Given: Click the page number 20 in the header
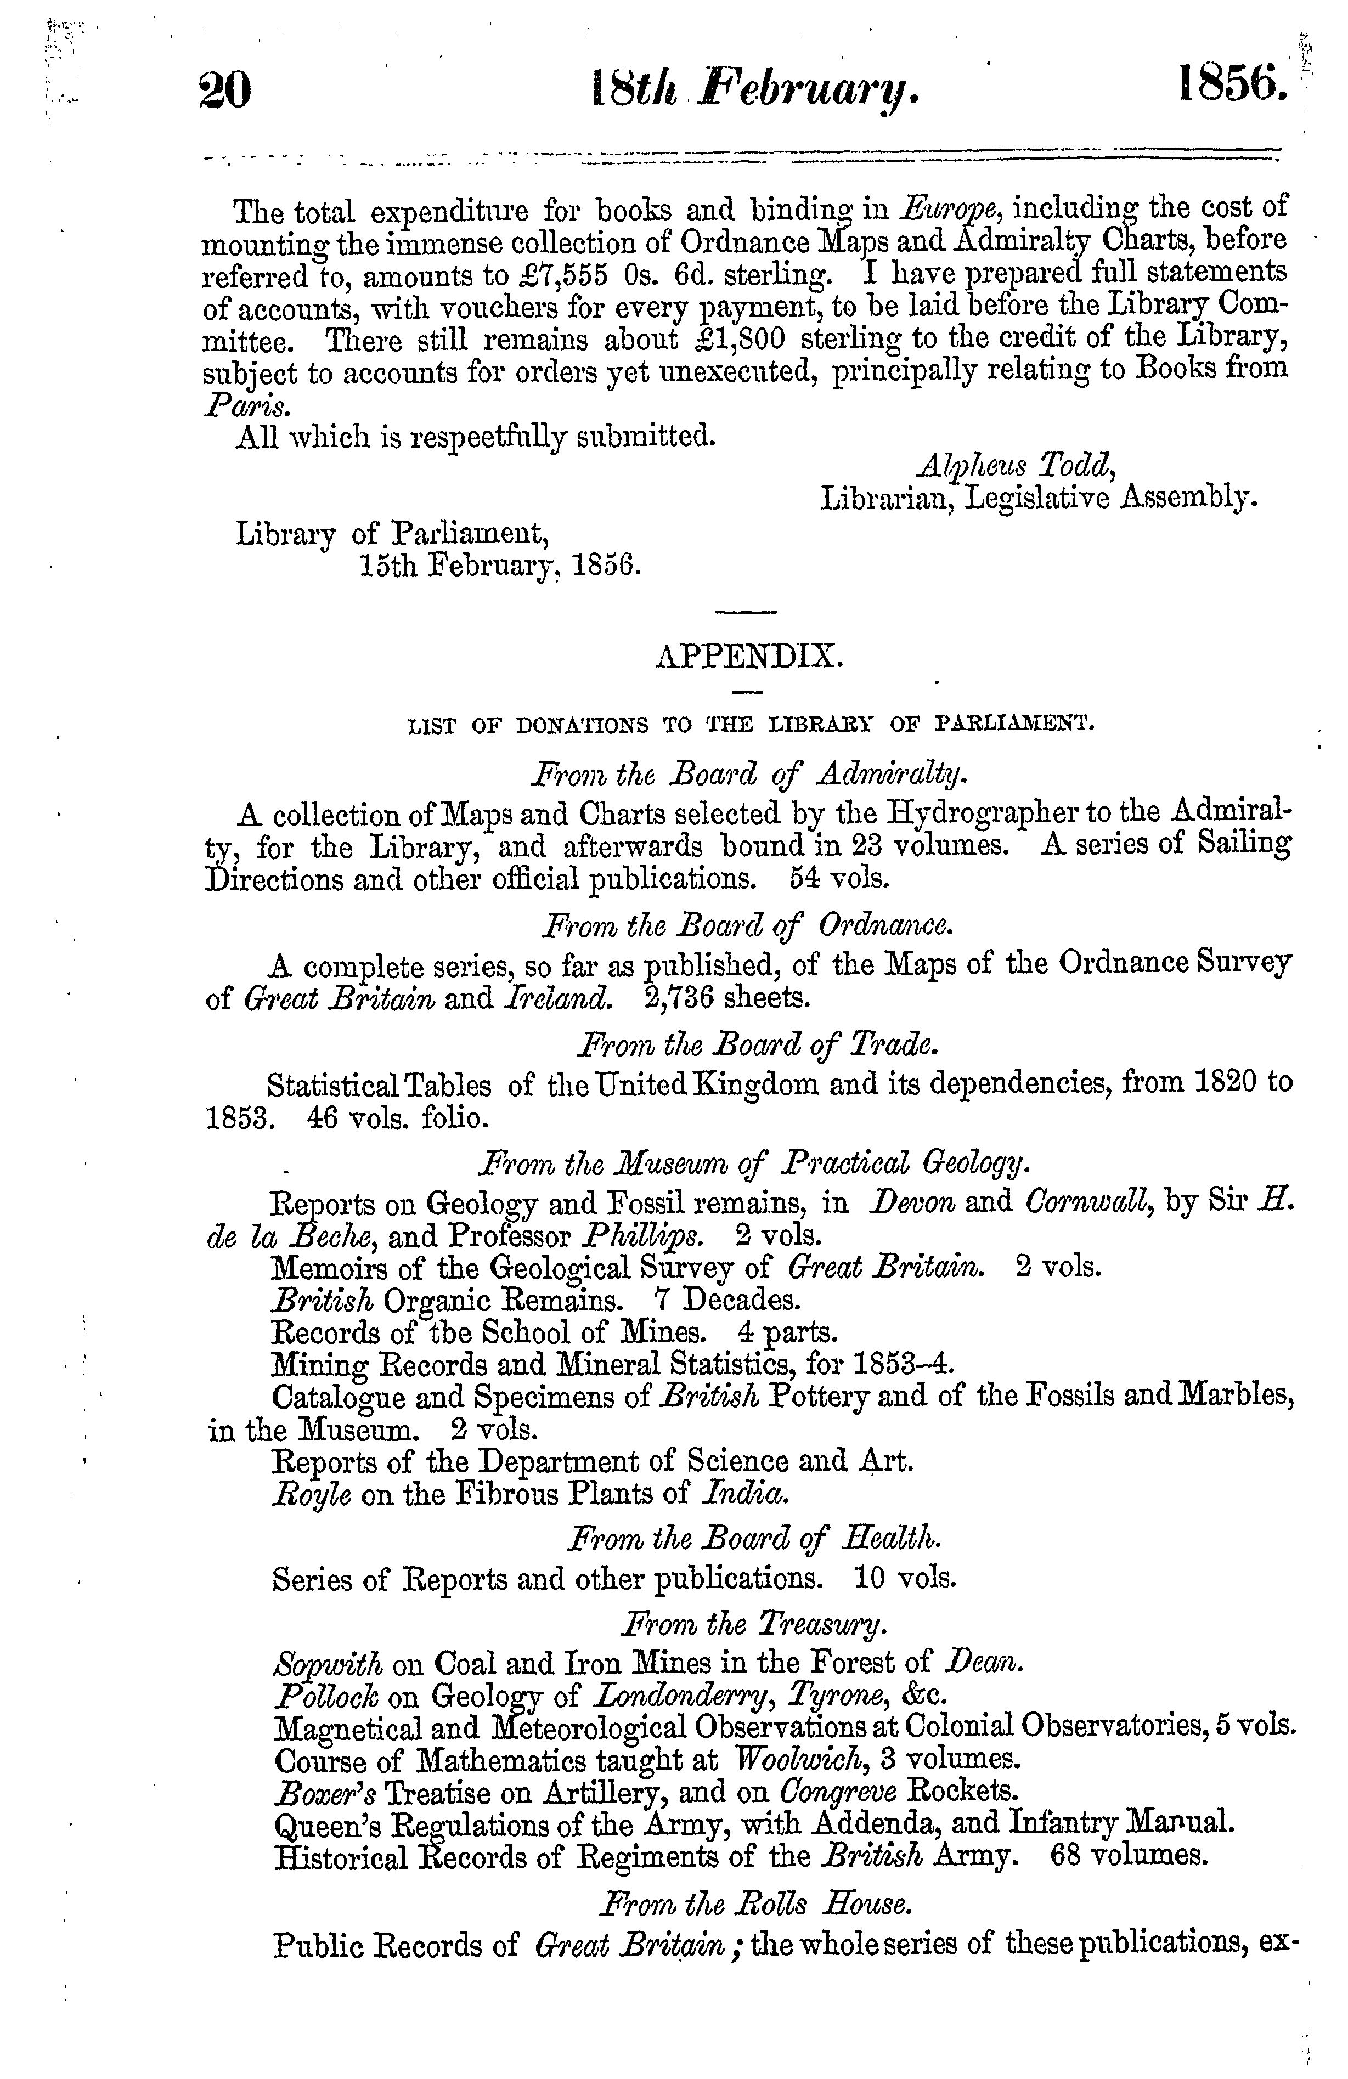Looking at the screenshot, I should point(225,89).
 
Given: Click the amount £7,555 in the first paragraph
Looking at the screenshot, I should point(559,276).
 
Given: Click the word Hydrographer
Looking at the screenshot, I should point(979,813).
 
